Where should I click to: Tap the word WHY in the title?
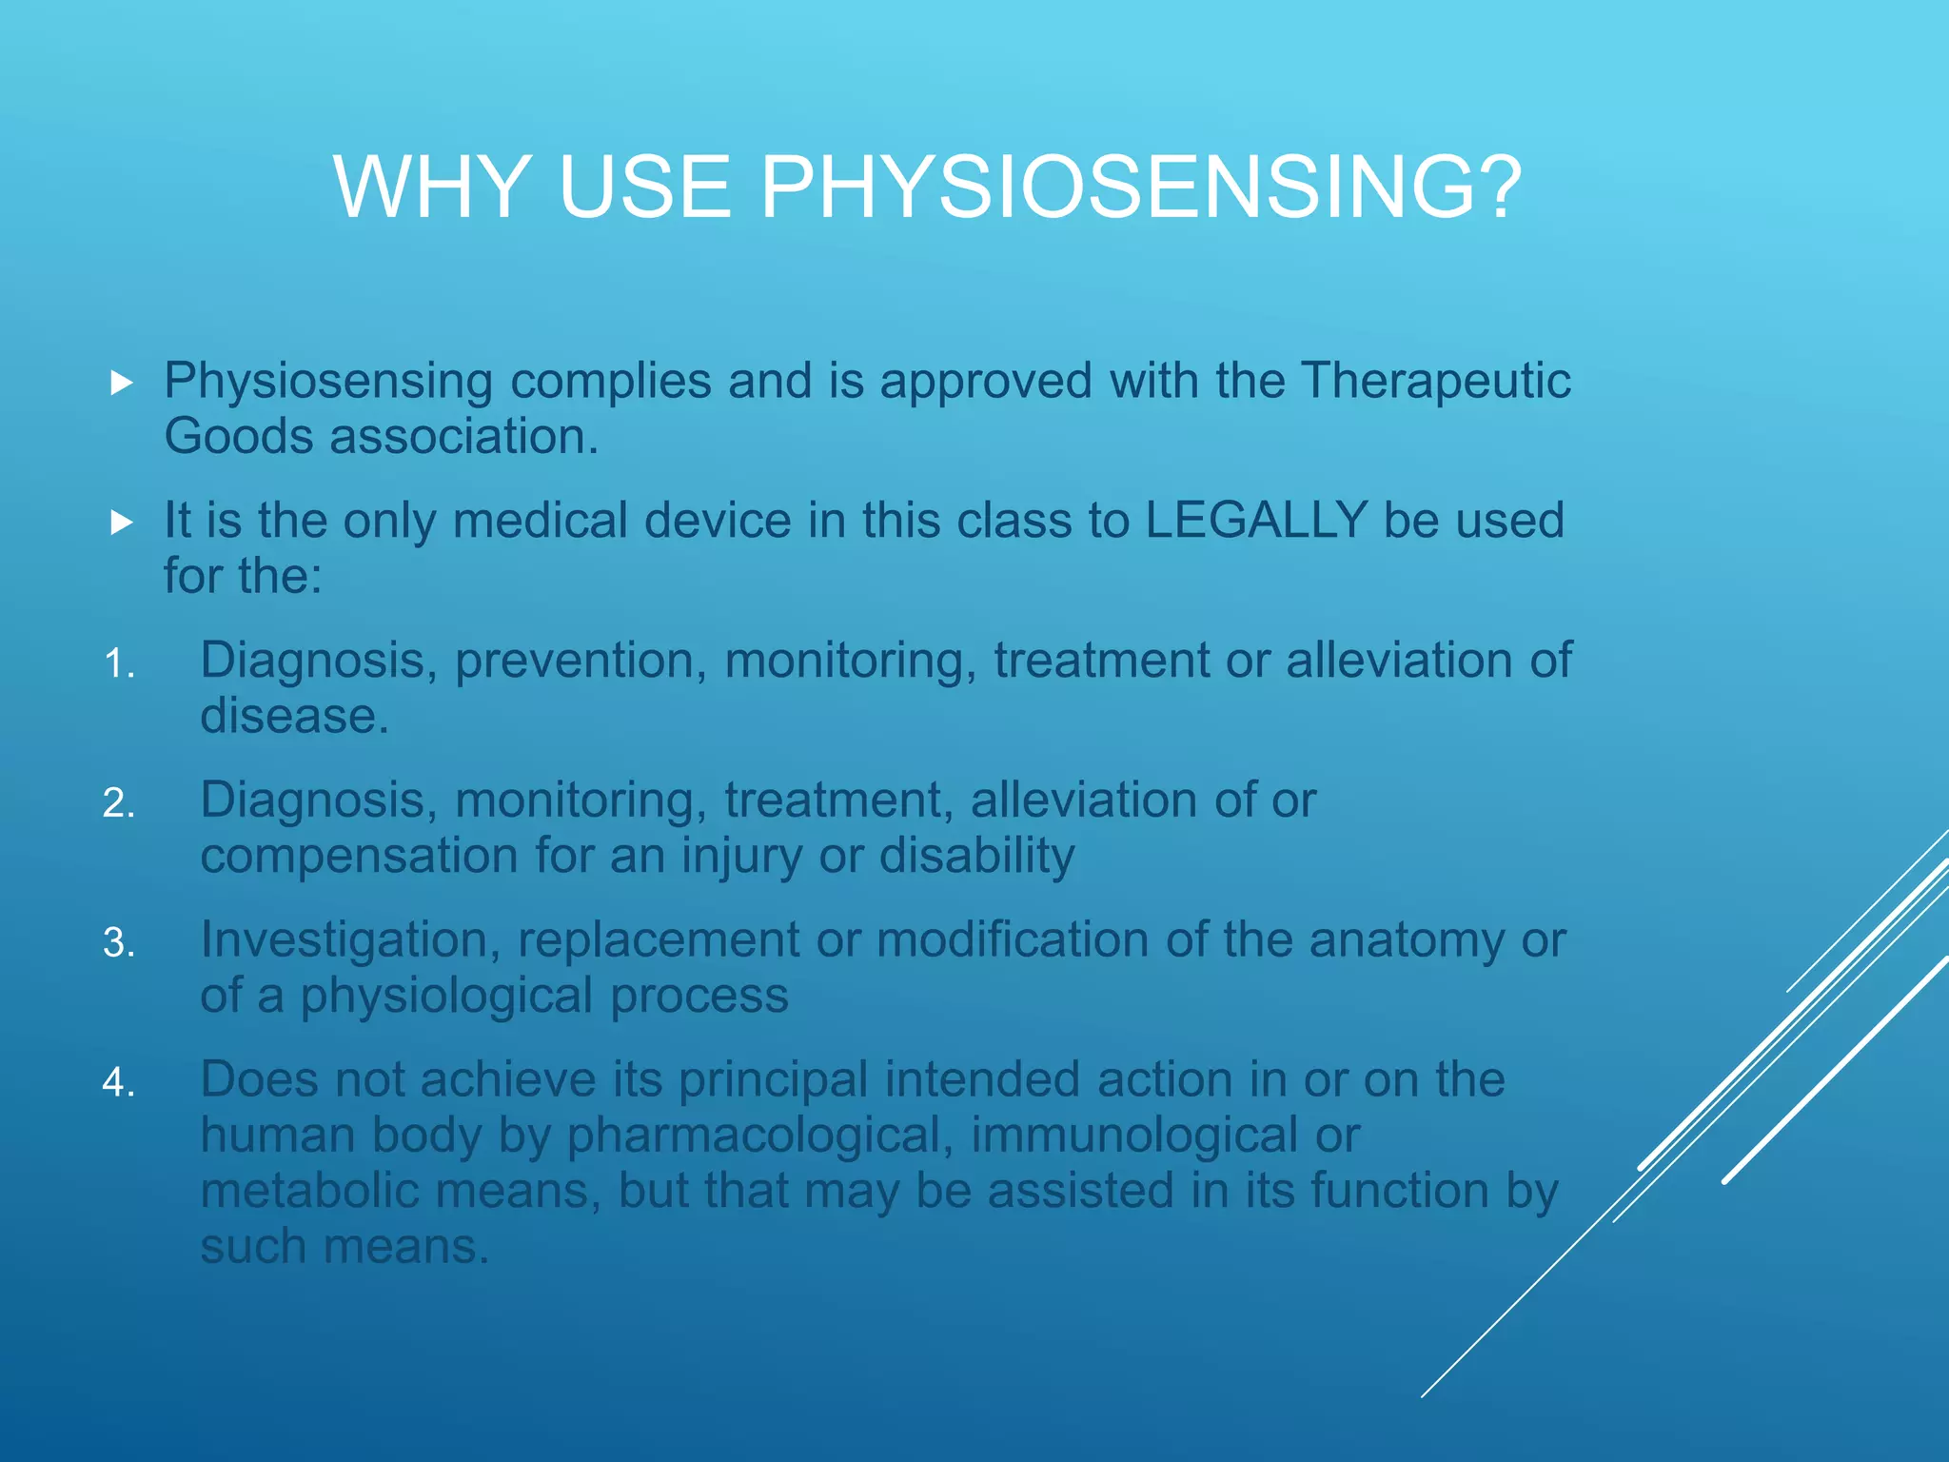[432, 188]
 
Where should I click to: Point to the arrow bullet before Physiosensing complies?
[121, 384]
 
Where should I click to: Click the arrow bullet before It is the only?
[121, 523]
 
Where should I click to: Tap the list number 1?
[119, 664]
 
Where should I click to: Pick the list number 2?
[119, 804]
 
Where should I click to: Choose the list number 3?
[119, 943]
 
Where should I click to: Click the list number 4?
[119, 1083]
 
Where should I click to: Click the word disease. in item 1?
[294, 717]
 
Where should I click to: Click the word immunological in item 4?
[1132, 1136]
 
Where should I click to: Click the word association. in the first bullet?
[463, 438]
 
